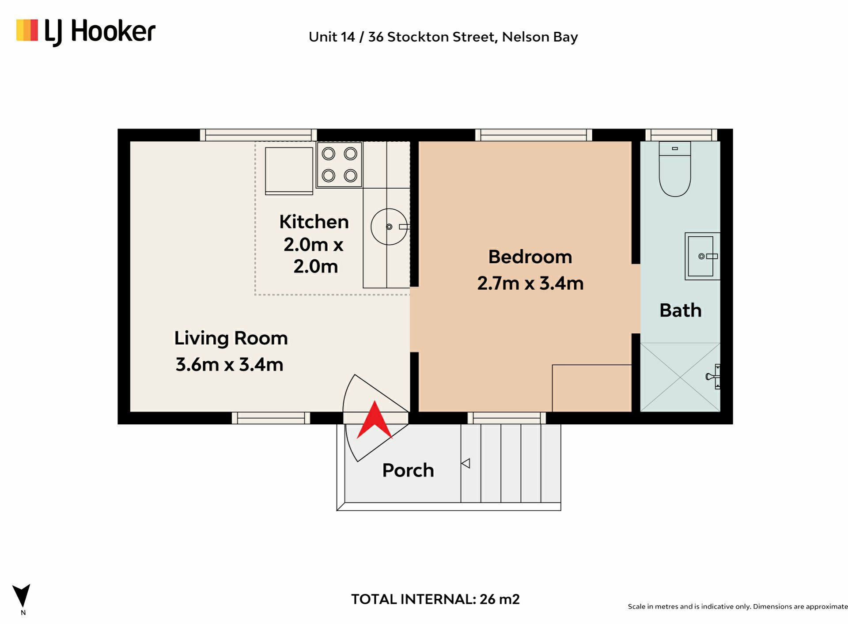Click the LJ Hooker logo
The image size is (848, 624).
86,32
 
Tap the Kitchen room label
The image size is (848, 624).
314,222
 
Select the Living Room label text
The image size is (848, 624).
231,338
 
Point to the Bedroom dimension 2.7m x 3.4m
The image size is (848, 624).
530,283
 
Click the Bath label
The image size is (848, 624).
680,310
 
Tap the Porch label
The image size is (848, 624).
408,470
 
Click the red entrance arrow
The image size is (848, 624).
375,420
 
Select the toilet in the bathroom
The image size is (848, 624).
674,169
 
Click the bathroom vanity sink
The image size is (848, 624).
702,256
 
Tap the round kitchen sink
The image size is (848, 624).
389,227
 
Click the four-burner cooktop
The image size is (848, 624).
339,165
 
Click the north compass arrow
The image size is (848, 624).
21,596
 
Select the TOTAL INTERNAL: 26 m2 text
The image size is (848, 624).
435,599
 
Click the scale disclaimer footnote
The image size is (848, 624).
738,606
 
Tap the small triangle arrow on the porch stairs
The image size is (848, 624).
466,463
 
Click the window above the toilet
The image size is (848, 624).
681,135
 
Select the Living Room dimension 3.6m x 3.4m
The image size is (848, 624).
229,365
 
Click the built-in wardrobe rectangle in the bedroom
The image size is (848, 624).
592,388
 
